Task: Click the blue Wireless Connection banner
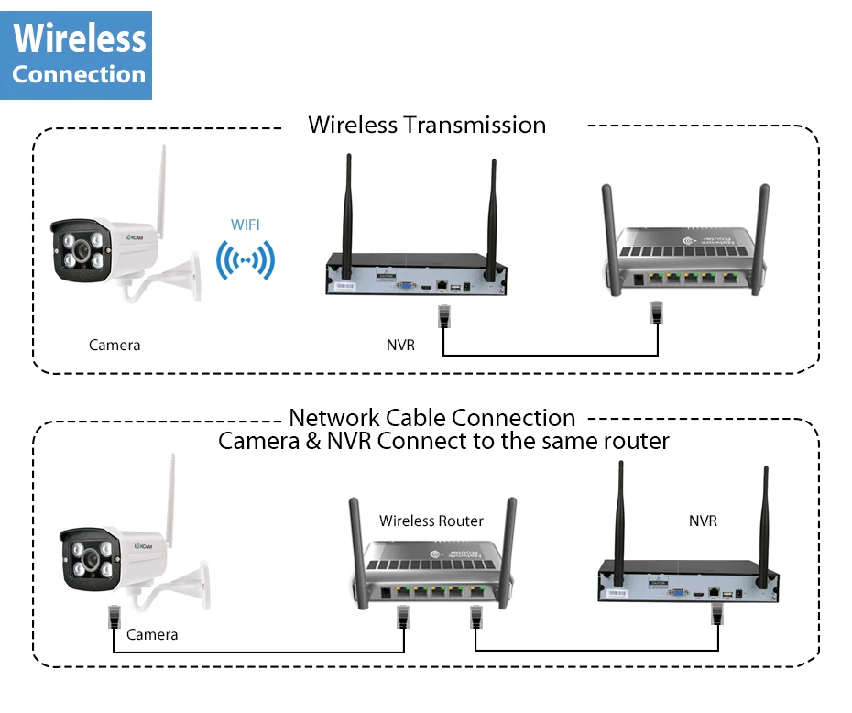coord(76,55)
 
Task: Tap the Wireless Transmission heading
coord(427,125)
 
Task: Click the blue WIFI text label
coord(245,225)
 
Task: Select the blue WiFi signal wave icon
coord(245,261)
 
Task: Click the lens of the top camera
coord(82,250)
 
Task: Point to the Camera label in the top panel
coord(115,346)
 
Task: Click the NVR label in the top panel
coord(400,346)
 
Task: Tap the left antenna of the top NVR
coord(348,210)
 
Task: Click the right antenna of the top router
coord(761,239)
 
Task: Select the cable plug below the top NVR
coord(444,316)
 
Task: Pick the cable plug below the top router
coord(657,312)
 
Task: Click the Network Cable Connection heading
coord(432,418)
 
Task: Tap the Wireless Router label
coord(431,521)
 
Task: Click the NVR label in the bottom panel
coord(703,521)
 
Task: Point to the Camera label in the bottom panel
coord(152,635)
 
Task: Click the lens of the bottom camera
coord(91,559)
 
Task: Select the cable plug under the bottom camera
coord(115,616)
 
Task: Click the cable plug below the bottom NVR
coord(717,614)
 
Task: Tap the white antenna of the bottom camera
coord(170,500)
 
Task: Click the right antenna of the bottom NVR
coord(764,527)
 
